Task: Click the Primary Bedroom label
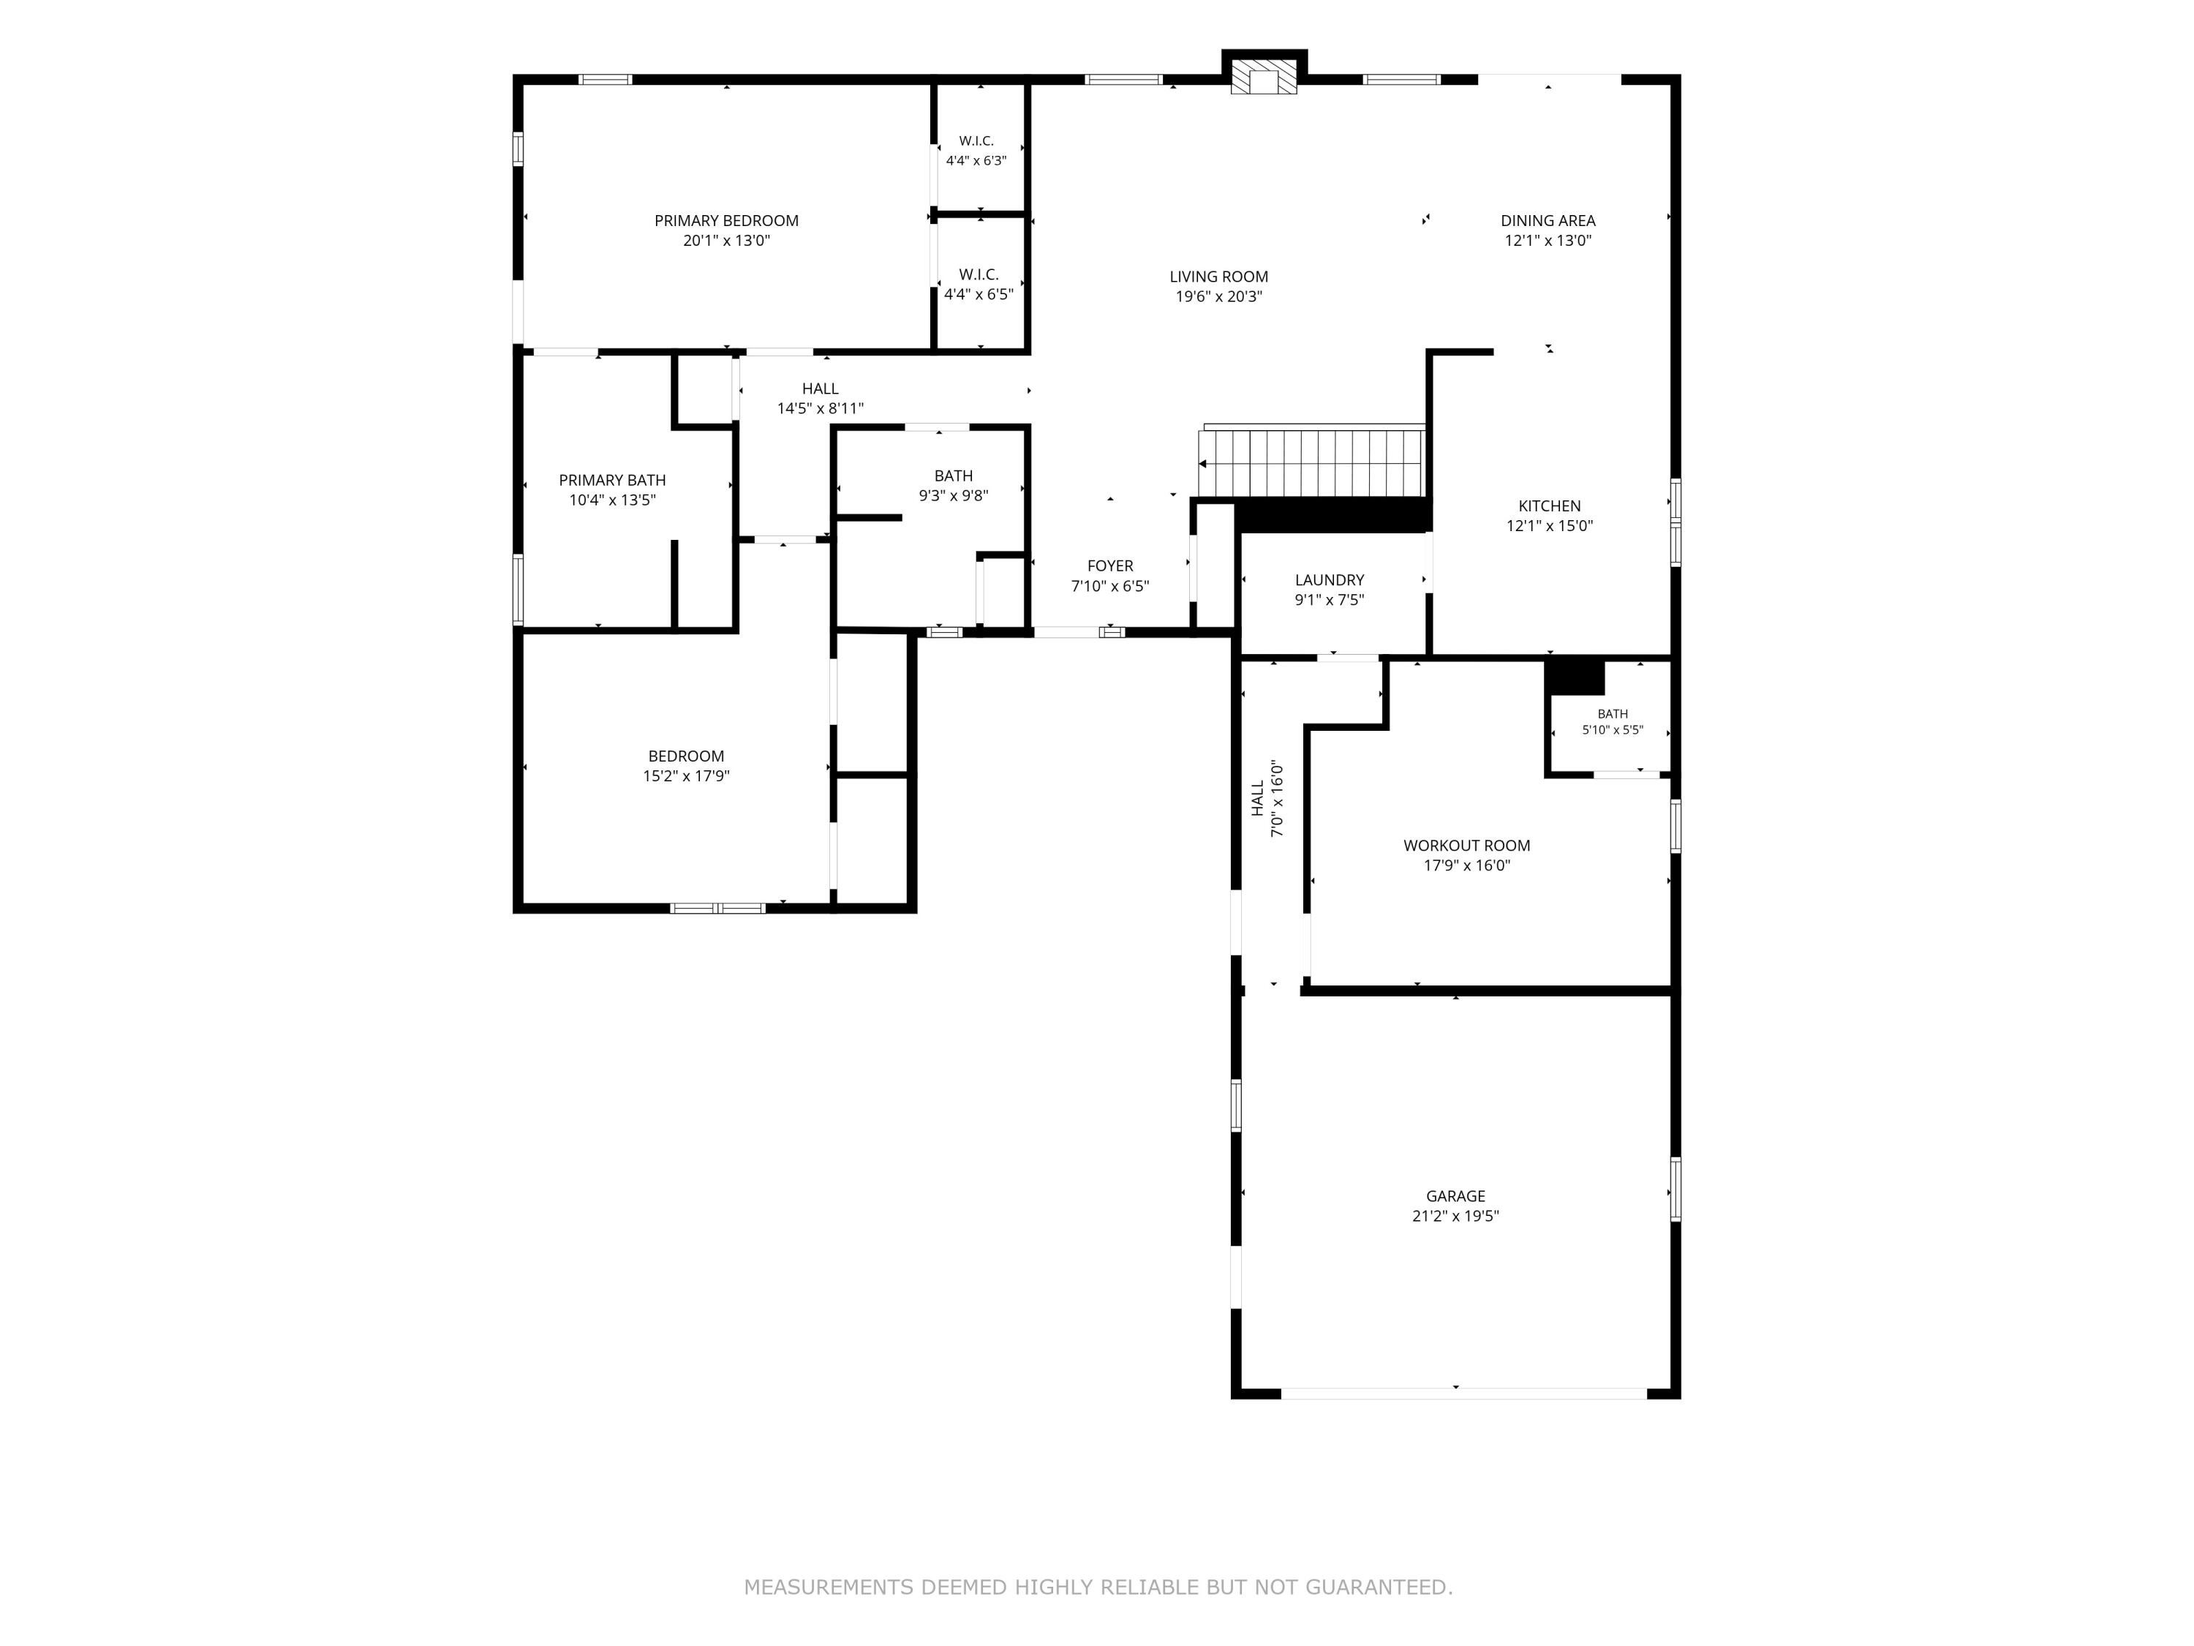pyautogui.click(x=726, y=230)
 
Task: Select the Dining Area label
pyautogui.click(x=1548, y=230)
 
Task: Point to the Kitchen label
pyautogui.click(x=1549, y=516)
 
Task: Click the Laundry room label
pyautogui.click(x=1329, y=590)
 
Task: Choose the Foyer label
pyautogui.click(x=1110, y=576)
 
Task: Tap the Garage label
pyautogui.click(x=1455, y=1206)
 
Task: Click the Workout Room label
pyautogui.click(x=1466, y=854)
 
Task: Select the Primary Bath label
pyautogui.click(x=612, y=489)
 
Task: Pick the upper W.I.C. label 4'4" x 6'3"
pyautogui.click(x=976, y=151)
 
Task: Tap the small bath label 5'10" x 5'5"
pyautogui.click(x=1612, y=721)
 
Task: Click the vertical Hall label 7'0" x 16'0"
pyautogui.click(x=1267, y=799)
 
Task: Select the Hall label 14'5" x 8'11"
pyautogui.click(x=821, y=398)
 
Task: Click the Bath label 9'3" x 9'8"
pyautogui.click(x=953, y=485)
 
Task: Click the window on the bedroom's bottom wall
pyautogui.click(x=717, y=908)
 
